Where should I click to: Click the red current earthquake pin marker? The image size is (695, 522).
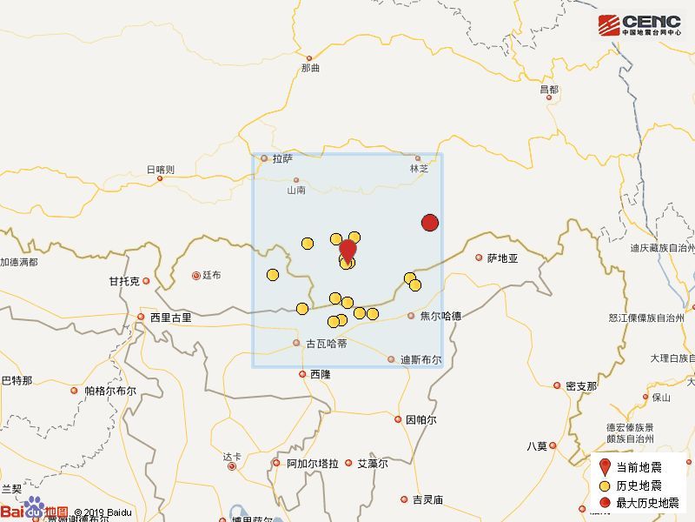(x=347, y=250)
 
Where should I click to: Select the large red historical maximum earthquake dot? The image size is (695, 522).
(x=429, y=223)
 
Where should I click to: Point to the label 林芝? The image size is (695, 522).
(x=420, y=169)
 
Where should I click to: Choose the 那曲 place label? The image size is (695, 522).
(x=310, y=68)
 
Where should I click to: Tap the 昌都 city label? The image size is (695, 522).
(x=548, y=90)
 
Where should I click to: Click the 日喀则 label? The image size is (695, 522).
(x=160, y=169)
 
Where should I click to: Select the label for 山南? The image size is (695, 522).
(x=296, y=191)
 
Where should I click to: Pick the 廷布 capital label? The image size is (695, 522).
(x=211, y=276)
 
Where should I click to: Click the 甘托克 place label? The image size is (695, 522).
(x=123, y=281)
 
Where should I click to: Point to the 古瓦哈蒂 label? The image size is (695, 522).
(x=327, y=344)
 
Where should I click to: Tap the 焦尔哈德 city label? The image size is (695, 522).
(x=440, y=316)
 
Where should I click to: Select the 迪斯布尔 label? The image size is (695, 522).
(x=420, y=359)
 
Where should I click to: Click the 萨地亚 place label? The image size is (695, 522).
(x=502, y=258)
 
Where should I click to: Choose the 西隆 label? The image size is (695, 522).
(x=321, y=374)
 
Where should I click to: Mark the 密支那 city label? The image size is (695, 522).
(x=581, y=385)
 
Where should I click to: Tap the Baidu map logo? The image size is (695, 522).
(x=35, y=511)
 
